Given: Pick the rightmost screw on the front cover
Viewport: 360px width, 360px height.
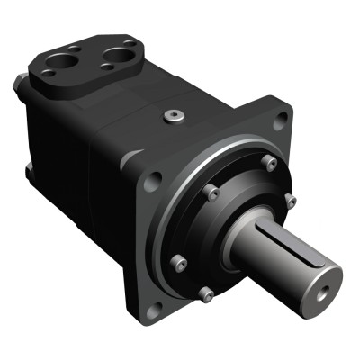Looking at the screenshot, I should [290, 199].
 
